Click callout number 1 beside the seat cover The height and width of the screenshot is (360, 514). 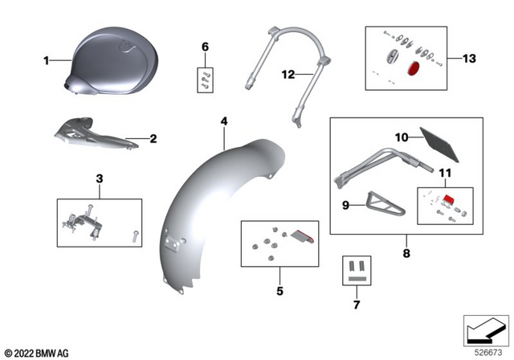pos(46,60)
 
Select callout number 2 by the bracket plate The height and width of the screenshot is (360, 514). pos(153,138)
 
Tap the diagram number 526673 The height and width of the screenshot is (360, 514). pos(487,351)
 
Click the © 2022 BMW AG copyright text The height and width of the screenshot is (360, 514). pos(37,352)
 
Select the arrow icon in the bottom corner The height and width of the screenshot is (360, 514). pos(487,329)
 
